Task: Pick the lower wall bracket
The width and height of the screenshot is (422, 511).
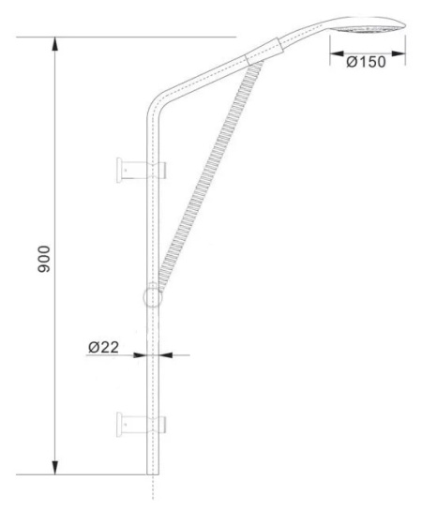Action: (141, 423)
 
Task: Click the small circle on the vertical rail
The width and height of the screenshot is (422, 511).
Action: (152, 297)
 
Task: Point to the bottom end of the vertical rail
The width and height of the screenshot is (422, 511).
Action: (152, 473)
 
